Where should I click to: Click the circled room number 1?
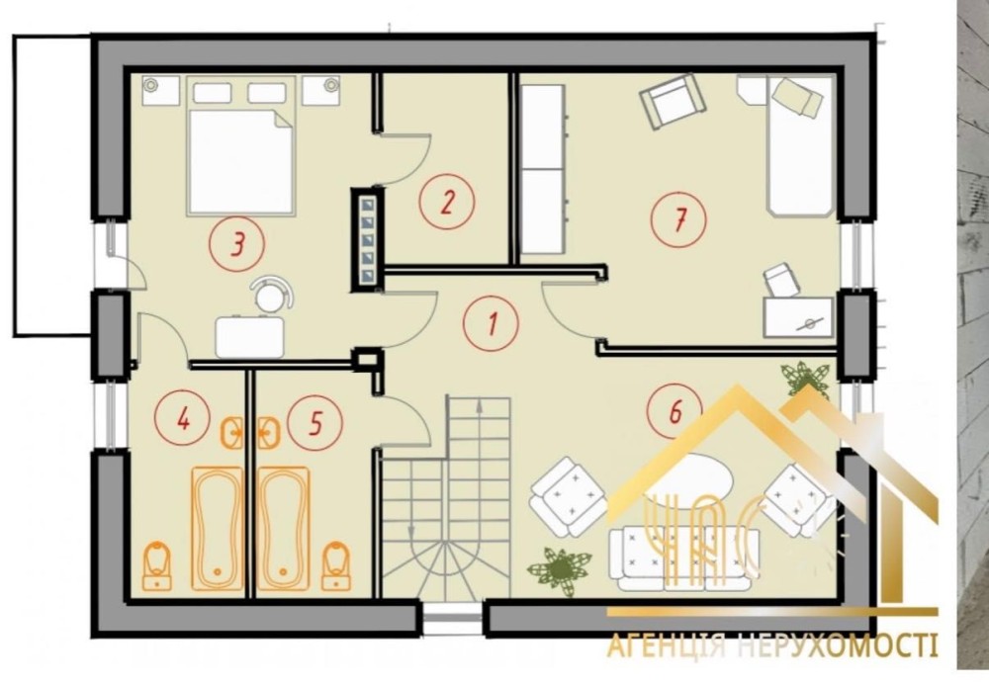[491, 323]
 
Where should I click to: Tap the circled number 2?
[447, 203]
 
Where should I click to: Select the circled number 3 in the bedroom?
[237, 243]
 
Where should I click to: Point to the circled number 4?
[183, 418]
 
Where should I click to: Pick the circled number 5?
[315, 423]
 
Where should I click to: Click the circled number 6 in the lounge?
[674, 411]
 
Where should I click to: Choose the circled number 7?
[678, 220]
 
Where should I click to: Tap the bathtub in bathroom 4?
[217, 529]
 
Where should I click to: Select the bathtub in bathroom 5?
[284, 529]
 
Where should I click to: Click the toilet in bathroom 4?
[157, 566]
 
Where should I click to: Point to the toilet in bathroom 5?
[336, 566]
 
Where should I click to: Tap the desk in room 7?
[798, 317]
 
